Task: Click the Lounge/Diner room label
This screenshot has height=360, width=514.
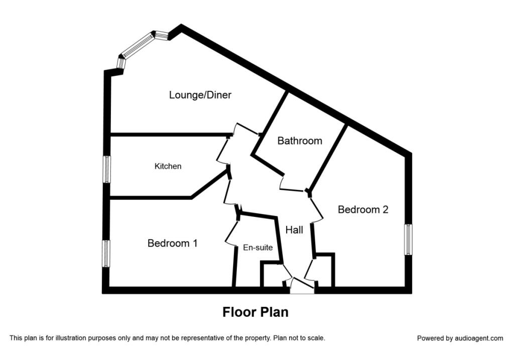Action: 200,95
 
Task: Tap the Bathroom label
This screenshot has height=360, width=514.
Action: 300,141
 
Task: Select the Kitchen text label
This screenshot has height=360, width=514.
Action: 168,166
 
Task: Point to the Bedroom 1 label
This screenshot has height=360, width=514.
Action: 172,244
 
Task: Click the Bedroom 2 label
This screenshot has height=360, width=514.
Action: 363,210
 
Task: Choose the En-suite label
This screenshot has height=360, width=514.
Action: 258,248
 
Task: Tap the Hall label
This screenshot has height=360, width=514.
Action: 294,230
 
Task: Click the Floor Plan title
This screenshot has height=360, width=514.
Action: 255,312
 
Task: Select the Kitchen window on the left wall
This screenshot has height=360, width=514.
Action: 106,169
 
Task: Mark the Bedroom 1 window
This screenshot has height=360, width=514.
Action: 106,254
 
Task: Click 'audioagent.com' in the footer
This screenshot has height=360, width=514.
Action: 479,338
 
